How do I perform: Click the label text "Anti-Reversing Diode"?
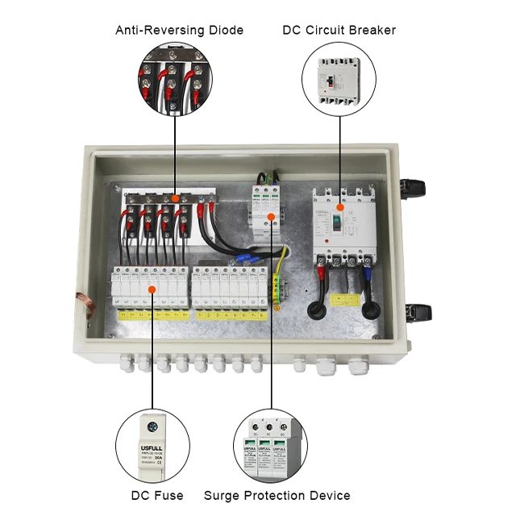click(179, 30)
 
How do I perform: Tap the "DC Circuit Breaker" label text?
click(339, 30)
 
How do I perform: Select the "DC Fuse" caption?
click(157, 495)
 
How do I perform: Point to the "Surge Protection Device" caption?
click(277, 495)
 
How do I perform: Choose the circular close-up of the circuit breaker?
click(339, 79)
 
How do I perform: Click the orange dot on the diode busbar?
click(174, 198)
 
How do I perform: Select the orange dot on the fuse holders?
click(152, 286)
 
